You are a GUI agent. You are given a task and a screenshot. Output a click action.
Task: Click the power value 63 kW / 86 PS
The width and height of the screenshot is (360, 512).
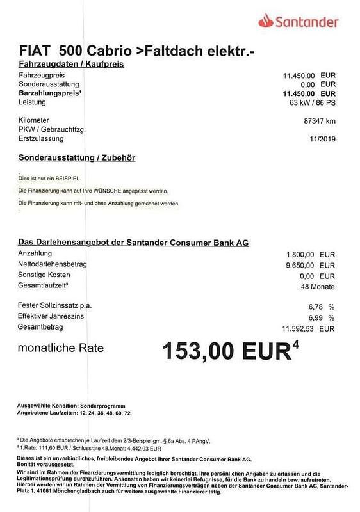pyautogui.click(x=312, y=102)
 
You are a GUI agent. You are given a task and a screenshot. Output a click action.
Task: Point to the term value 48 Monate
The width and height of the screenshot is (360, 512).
pyautogui.click(x=318, y=287)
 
